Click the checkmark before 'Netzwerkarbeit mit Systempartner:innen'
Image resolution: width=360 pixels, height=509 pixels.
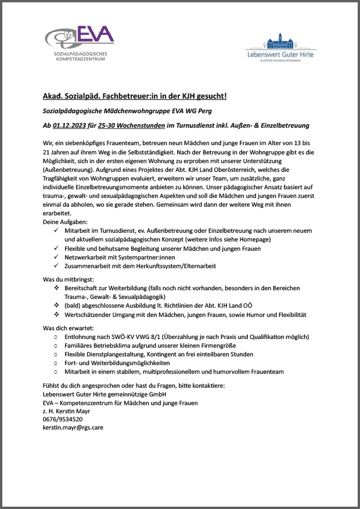coord(55,257)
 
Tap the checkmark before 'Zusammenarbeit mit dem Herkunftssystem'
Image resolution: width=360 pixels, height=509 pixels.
coord(55,266)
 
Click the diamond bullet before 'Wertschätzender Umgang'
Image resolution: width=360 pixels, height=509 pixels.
coord(55,315)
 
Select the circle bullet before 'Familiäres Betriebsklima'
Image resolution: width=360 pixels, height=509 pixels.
coord(55,345)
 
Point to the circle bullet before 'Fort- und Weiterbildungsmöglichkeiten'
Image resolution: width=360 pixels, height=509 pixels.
coord(55,363)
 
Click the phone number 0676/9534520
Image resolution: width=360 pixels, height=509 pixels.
coord(63,419)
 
